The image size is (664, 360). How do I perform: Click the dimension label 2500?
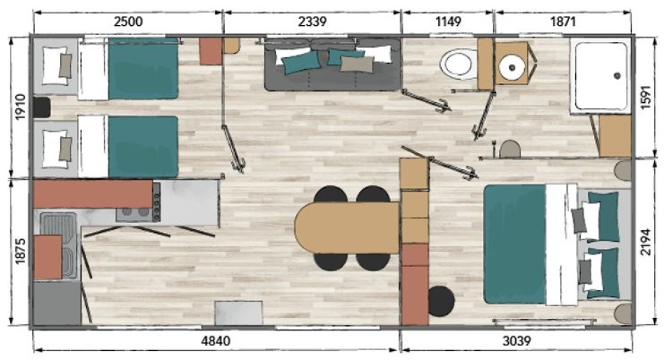(129, 21)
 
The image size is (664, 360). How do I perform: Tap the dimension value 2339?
(312, 21)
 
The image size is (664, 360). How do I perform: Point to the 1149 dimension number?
(448, 21)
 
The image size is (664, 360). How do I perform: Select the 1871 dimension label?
(563, 21)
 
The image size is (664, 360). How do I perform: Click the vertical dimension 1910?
(20, 107)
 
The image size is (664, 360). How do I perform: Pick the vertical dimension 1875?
(20, 251)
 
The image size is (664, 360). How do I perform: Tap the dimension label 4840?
(215, 340)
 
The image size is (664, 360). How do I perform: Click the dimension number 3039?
(517, 340)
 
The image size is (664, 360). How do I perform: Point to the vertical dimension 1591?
(645, 97)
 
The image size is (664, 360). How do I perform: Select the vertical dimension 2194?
(645, 242)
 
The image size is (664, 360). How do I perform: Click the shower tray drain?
(617, 75)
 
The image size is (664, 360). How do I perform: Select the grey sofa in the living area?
(332, 64)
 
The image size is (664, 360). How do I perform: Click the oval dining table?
(347, 227)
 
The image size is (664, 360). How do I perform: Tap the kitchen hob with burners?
(138, 208)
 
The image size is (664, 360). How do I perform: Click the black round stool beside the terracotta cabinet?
(441, 301)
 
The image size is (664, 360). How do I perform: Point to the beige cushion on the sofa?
(357, 64)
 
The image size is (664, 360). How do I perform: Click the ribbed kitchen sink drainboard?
(58, 224)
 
